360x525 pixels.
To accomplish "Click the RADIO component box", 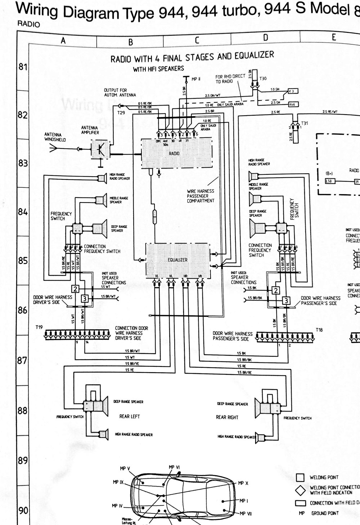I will tap(174, 154).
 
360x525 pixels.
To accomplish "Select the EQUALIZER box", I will tap(177, 260).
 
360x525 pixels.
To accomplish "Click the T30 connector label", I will tap(263, 79).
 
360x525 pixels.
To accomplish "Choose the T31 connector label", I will tap(305, 123).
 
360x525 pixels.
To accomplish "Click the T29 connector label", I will tap(121, 113).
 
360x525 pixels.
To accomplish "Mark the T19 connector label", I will tap(39, 327).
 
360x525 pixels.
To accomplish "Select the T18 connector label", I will tap(319, 330).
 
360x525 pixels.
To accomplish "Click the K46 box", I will tap(293, 104).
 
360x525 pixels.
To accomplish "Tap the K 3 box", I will tap(293, 92).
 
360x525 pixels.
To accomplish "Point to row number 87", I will tap(23, 360).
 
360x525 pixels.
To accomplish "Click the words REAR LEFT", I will tap(130, 416).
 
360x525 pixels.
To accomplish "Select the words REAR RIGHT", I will tap(227, 417).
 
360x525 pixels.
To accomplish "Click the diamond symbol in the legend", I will tap(300, 490).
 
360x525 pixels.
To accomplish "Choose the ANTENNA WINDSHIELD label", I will tap(55, 137).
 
